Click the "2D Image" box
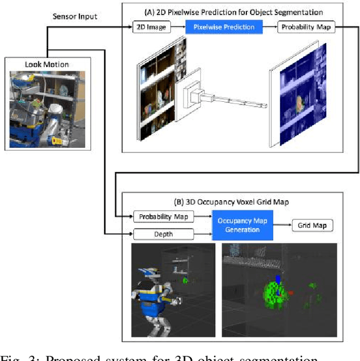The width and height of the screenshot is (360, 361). point(150,27)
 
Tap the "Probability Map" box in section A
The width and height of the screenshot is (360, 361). point(305,27)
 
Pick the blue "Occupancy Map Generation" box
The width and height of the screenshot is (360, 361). point(242,225)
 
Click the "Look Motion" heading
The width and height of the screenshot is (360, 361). point(47,64)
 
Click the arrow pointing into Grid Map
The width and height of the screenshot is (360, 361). point(282,225)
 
